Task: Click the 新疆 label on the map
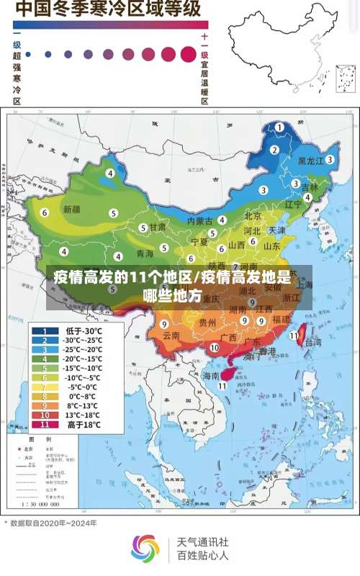tap(72, 210)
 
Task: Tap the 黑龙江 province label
tap(311, 161)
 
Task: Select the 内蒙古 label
tap(201, 220)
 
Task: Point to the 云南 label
tap(171, 336)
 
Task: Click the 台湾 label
tap(314, 343)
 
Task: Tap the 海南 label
tap(210, 376)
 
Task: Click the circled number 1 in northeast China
tap(279, 127)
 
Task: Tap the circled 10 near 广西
tap(214, 347)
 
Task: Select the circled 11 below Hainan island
tap(222, 386)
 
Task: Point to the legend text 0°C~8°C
tap(84, 396)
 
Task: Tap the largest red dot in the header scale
tap(189, 53)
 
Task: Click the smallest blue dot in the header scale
tap(28, 53)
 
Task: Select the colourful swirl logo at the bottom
tap(145, 548)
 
